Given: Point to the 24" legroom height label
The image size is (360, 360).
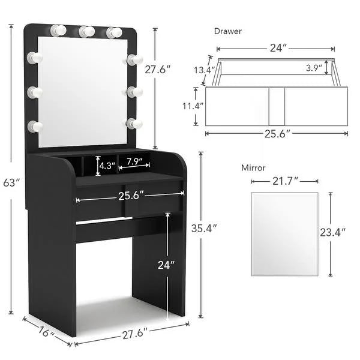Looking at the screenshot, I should pos(166,264).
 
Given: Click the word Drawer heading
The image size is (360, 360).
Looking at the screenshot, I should pos(228,31).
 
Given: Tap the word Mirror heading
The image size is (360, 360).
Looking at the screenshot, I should pos(253,169).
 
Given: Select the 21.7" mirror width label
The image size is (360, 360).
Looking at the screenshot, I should pos(284,181).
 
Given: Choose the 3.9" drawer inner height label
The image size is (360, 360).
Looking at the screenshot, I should pos(313,67).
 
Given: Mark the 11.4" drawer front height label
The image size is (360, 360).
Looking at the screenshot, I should pos(193,106).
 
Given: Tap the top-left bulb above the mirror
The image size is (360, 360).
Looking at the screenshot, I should pos(59,30).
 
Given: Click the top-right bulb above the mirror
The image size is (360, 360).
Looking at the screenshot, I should pos(113,32).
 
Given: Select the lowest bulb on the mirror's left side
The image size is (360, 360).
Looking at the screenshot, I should pos(35,127).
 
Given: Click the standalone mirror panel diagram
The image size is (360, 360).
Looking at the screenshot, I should pos(284,234).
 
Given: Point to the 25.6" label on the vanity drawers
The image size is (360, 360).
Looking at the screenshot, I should pos(130,196).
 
